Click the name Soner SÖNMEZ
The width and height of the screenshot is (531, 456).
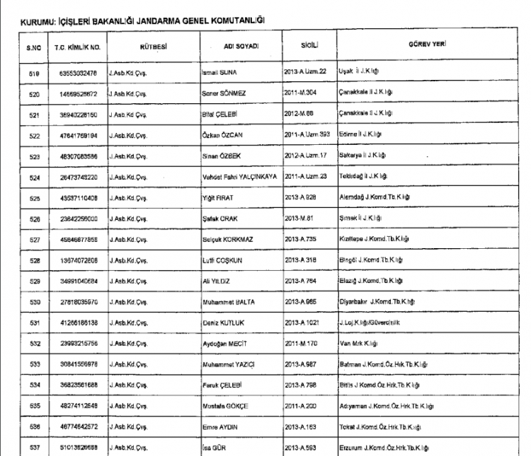pyautogui.click(x=223, y=93)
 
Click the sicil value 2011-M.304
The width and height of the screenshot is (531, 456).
pyautogui.click(x=307, y=92)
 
